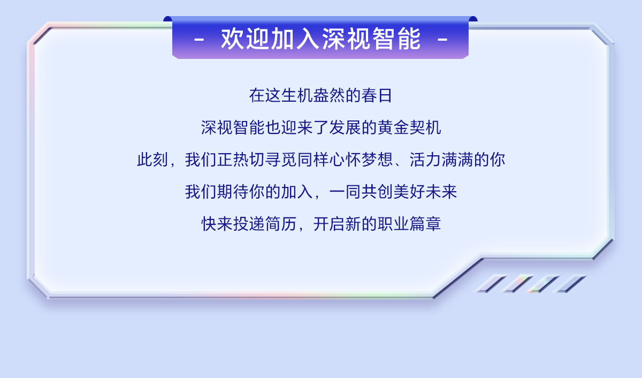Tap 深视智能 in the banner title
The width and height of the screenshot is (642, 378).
[x=371, y=39]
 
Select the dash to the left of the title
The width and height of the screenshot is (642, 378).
[x=199, y=40]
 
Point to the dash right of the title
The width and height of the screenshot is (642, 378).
[x=442, y=40]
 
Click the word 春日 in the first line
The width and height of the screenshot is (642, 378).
[x=377, y=95]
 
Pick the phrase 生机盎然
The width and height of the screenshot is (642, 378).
[x=313, y=95]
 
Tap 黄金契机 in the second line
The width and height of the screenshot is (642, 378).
[x=409, y=127]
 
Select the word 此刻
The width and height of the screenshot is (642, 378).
[x=152, y=160]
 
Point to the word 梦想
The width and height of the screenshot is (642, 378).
[x=377, y=160]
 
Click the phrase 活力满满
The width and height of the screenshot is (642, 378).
[x=441, y=160]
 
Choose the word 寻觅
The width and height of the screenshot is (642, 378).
[x=281, y=160]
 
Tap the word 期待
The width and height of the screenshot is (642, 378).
[x=232, y=192]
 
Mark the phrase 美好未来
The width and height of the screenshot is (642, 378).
[x=425, y=192]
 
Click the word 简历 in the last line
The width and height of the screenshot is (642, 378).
[x=280, y=224]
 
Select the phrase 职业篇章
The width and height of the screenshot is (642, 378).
[x=409, y=224]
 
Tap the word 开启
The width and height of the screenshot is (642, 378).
[x=328, y=224]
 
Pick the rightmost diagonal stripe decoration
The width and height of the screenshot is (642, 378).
[x=570, y=284]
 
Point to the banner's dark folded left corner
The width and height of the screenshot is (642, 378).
[x=168, y=19]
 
